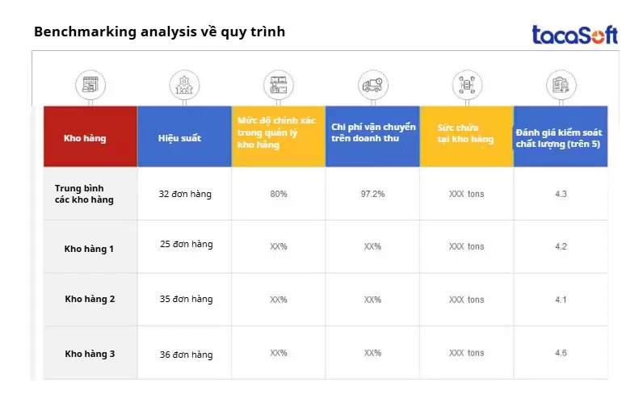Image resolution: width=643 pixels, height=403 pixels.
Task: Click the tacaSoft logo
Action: (574, 34)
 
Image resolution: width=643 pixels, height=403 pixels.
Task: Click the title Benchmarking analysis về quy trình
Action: (159, 32)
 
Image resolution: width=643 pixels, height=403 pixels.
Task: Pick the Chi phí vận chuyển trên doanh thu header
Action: (372, 133)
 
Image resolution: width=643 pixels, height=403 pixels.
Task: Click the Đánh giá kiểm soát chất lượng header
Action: (561, 138)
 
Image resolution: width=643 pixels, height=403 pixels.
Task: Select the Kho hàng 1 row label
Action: (89, 249)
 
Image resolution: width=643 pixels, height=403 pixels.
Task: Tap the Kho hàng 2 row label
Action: (90, 299)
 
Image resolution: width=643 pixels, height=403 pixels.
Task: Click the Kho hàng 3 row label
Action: (90, 354)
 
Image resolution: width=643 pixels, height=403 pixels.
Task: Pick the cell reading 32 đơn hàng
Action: (186, 194)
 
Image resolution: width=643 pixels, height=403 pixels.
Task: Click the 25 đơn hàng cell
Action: (186, 244)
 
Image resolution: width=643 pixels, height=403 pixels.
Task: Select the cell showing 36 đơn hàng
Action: (186, 354)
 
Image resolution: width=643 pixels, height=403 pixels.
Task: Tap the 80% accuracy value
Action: (279, 194)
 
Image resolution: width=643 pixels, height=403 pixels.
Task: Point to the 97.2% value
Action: (372, 194)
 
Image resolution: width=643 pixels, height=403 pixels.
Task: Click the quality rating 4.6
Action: (561, 353)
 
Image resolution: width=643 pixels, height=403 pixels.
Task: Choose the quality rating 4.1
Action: (561, 300)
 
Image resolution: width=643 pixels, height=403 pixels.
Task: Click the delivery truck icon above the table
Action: (372, 84)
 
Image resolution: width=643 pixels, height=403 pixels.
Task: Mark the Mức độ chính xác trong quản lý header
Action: (278, 133)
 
